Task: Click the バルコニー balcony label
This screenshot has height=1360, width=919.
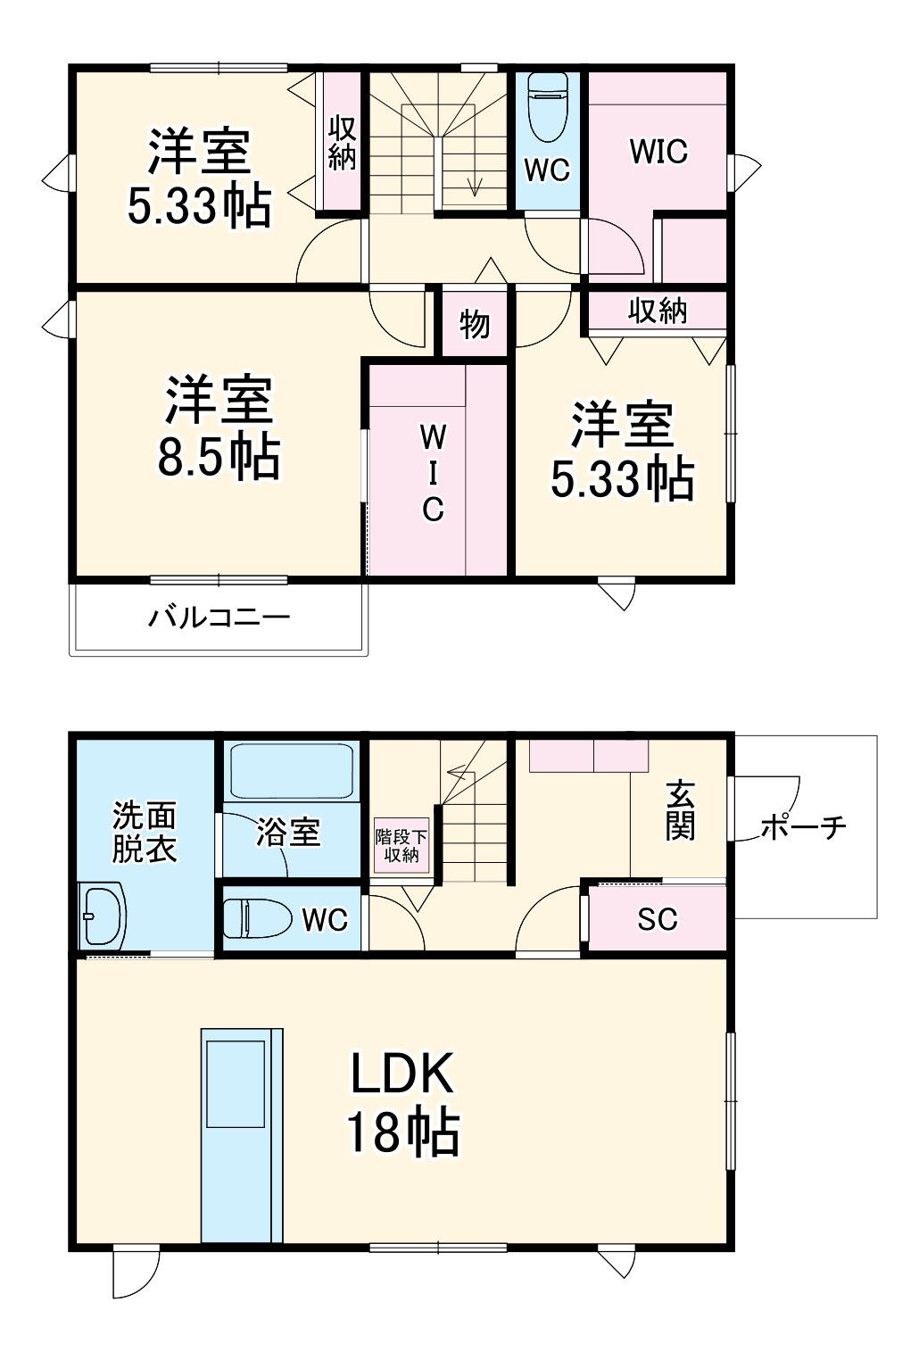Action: point(219,618)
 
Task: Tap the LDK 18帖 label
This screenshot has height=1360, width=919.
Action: point(402,1103)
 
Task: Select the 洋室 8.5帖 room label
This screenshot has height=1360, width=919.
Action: point(219,428)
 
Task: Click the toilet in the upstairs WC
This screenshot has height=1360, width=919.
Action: point(547,106)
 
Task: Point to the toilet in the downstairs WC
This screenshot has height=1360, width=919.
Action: point(257,918)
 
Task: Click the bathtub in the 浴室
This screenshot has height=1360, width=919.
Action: point(292,772)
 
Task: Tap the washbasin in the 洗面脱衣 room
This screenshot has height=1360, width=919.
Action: point(102,916)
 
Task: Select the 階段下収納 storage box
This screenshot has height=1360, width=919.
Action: point(402,845)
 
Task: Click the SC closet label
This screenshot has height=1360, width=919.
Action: point(658,919)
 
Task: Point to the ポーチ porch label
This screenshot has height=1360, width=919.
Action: point(803,827)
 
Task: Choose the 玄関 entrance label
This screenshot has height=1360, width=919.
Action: point(681,810)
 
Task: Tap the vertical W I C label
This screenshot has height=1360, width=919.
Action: point(433,473)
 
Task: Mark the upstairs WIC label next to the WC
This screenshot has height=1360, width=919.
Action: point(658,152)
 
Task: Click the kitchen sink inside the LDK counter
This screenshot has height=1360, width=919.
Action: point(236,1083)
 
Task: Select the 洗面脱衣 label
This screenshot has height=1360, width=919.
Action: point(145,832)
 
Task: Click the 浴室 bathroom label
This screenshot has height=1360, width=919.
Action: point(288,833)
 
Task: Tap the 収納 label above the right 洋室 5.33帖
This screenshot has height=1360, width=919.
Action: point(658,311)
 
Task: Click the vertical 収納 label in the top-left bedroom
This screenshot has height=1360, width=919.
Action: point(342,143)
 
